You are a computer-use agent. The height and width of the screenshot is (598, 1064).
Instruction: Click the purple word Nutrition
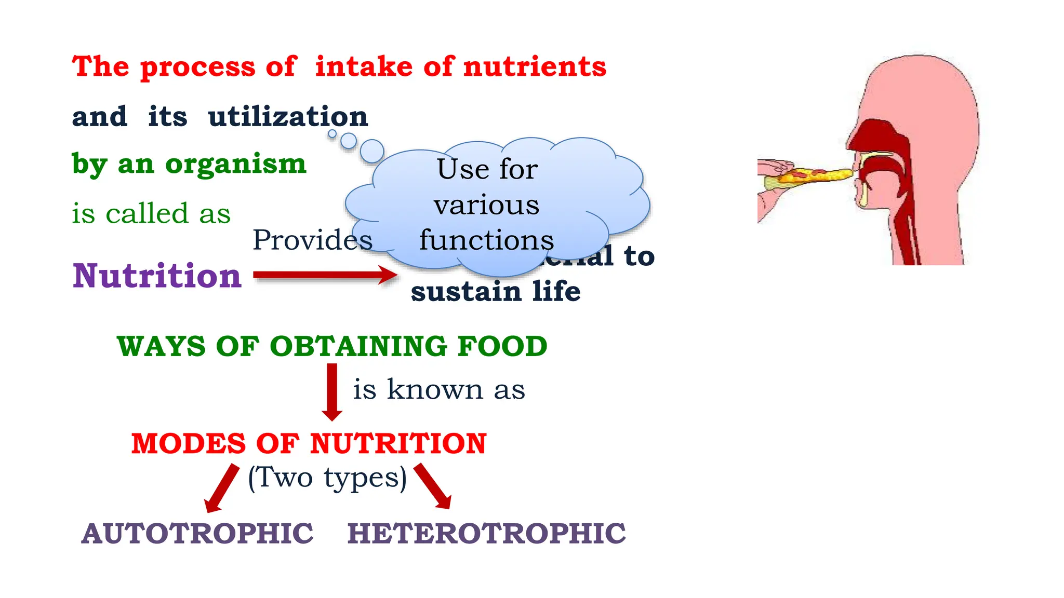point(157,276)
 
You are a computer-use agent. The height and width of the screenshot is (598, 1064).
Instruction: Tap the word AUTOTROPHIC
point(197,534)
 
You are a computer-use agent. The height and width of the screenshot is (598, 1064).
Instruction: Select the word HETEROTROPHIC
point(486,534)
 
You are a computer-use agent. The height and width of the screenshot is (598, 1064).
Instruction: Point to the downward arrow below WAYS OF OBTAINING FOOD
point(332,391)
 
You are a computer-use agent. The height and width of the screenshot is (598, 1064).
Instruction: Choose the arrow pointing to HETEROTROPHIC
point(433,486)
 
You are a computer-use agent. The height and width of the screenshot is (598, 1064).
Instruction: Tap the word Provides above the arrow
point(312,240)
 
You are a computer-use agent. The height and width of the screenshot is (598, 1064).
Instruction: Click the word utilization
point(288,116)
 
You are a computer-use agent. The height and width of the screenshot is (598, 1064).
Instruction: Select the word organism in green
point(236,164)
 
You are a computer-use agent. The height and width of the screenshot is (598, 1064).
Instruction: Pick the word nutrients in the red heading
point(535,67)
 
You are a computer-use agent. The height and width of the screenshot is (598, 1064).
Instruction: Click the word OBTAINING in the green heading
point(358,346)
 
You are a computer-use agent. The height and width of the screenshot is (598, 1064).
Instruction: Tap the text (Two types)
point(327,478)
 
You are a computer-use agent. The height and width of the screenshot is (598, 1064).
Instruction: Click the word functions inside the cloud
point(486,240)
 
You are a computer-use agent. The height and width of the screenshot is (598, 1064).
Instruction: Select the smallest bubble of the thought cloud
point(332,134)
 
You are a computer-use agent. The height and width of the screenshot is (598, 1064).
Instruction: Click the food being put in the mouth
point(810,175)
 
